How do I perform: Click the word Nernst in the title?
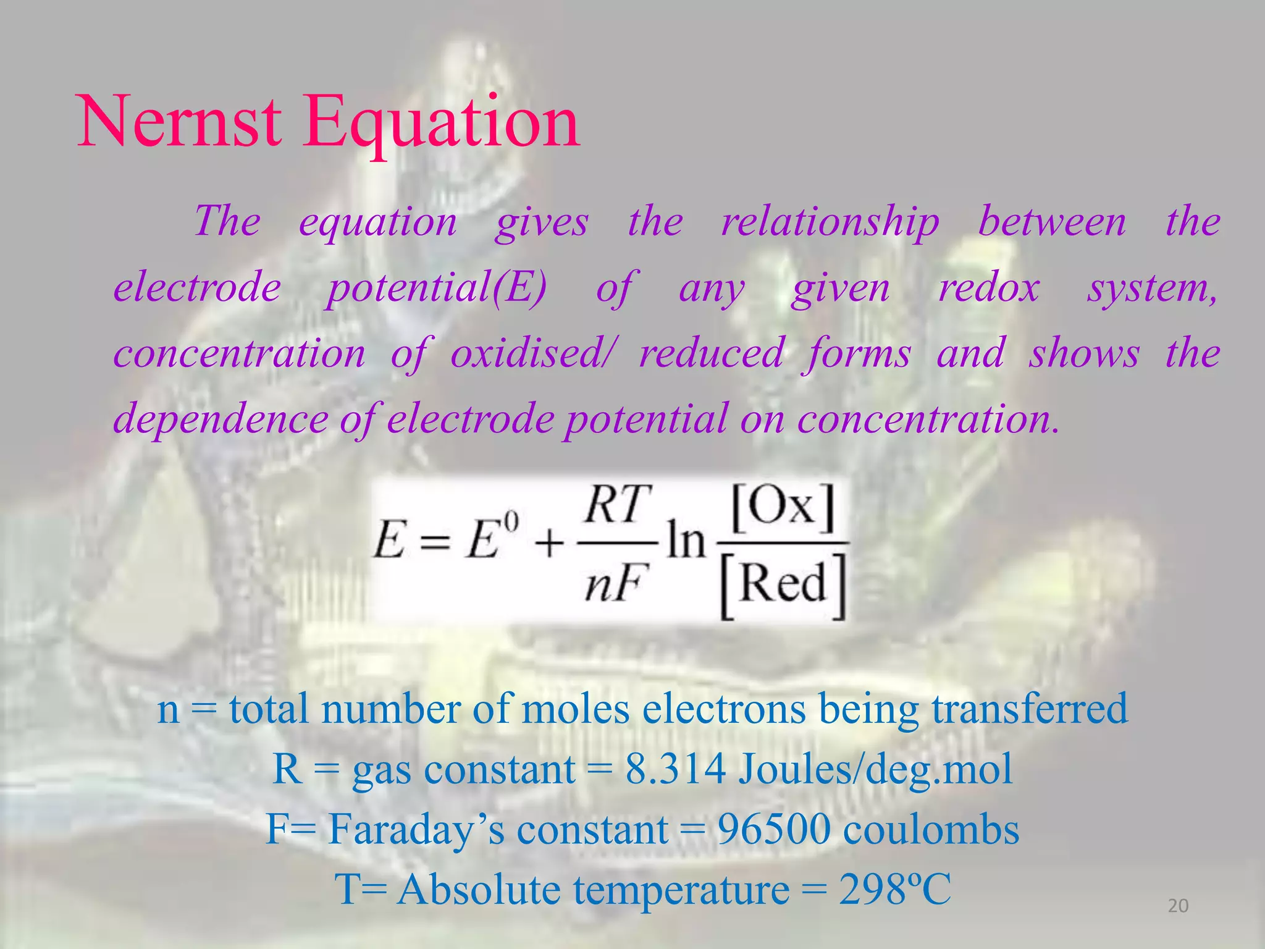[179, 121]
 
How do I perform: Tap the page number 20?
[1178, 906]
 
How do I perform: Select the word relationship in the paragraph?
[830, 222]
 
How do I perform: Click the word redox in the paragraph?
[989, 289]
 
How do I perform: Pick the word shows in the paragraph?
[1084, 354]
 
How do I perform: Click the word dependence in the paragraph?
[221, 419]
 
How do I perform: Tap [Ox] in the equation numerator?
[783, 508]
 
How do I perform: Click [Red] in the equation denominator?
[783, 583]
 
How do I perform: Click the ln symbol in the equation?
[686, 542]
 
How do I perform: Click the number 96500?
[774, 829]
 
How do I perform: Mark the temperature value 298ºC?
[894, 890]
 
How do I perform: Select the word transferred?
[1030, 709]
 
